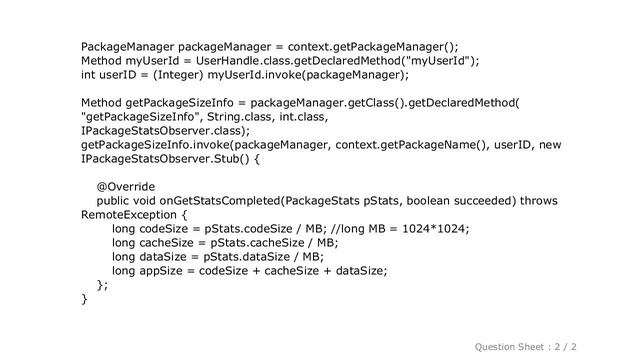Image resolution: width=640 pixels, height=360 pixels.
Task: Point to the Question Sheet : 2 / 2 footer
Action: click(x=546, y=343)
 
